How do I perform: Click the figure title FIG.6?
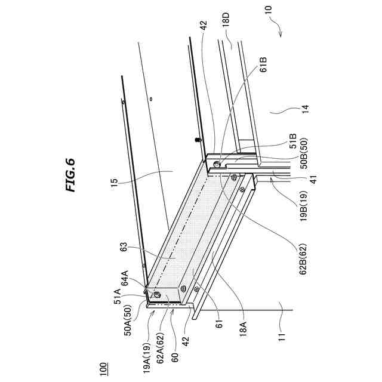[70, 174]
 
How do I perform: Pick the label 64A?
[127, 278]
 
